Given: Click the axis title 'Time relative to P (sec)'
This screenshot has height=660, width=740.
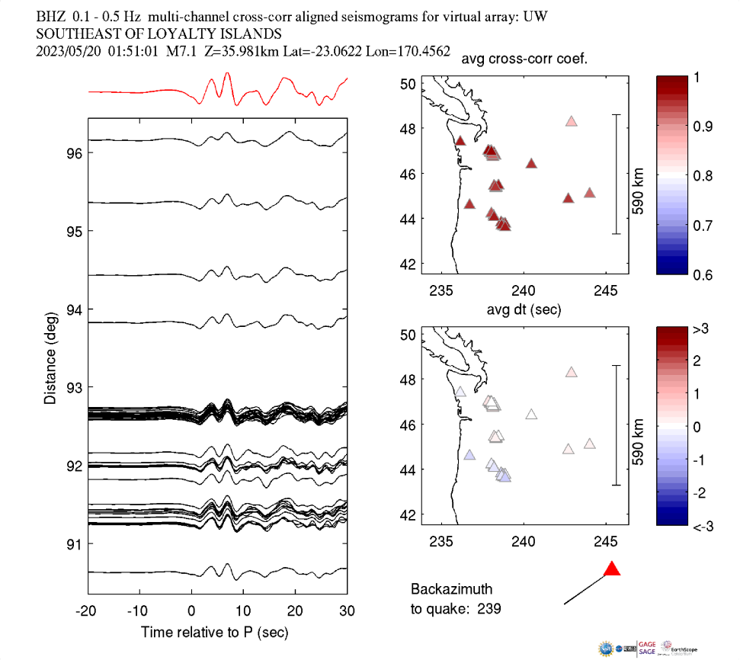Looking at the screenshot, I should pyautogui.click(x=215, y=633).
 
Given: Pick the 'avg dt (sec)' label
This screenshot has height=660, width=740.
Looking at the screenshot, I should pyautogui.click(x=525, y=309).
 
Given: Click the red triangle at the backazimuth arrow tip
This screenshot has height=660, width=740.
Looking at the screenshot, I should pyautogui.click(x=612, y=569).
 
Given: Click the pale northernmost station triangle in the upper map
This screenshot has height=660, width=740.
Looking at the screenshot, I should pyautogui.click(x=572, y=121).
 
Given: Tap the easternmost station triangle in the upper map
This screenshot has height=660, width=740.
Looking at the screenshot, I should pyautogui.click(x=589, y=193).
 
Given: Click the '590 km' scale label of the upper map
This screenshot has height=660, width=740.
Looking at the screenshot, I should pyautogui.click(x=638, y=175).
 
